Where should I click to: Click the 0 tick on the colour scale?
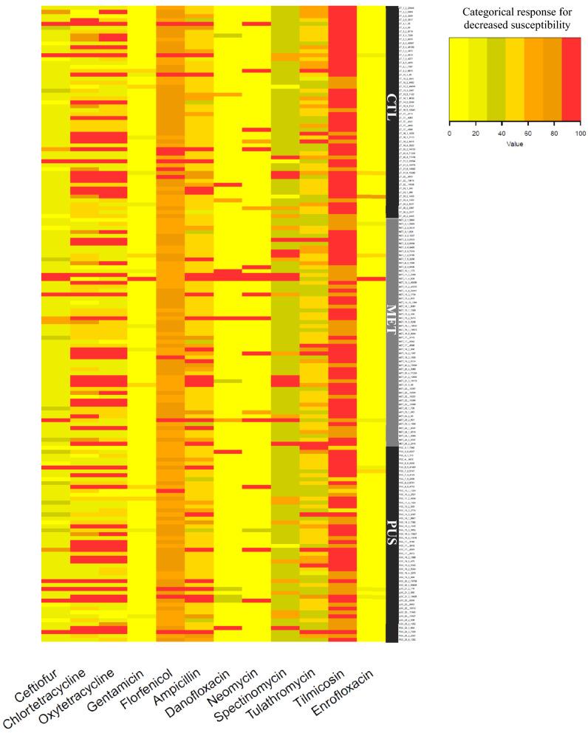pos(449,133)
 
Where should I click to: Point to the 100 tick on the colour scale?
pos(579,133)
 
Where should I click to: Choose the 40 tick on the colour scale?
pos(502,133)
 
